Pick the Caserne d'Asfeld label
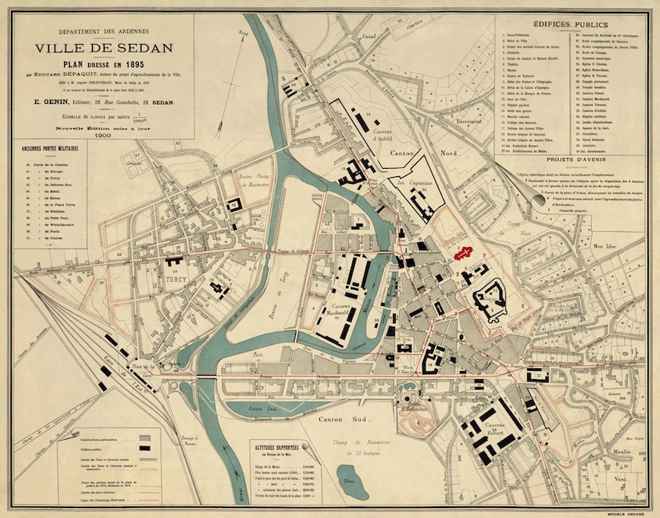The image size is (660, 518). tap(385, 131)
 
